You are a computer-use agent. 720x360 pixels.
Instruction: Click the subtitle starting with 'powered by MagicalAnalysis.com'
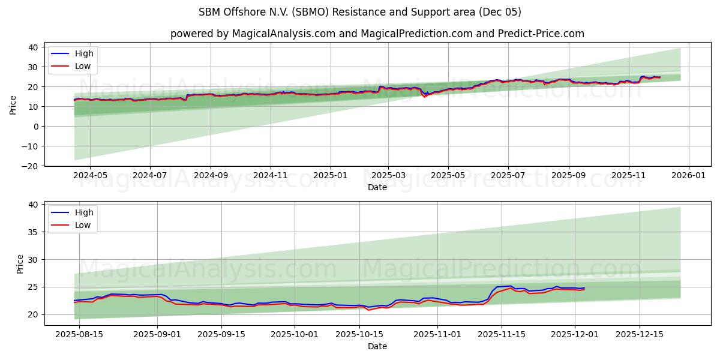pos(377,34)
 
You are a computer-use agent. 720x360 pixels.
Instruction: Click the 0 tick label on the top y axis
pos(35,126)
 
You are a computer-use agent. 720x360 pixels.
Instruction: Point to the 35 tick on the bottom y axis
pos(32,232)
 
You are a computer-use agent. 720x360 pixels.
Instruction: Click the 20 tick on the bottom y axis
pos(32,314)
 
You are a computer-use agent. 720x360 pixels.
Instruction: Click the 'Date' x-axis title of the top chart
pos(377,187)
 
